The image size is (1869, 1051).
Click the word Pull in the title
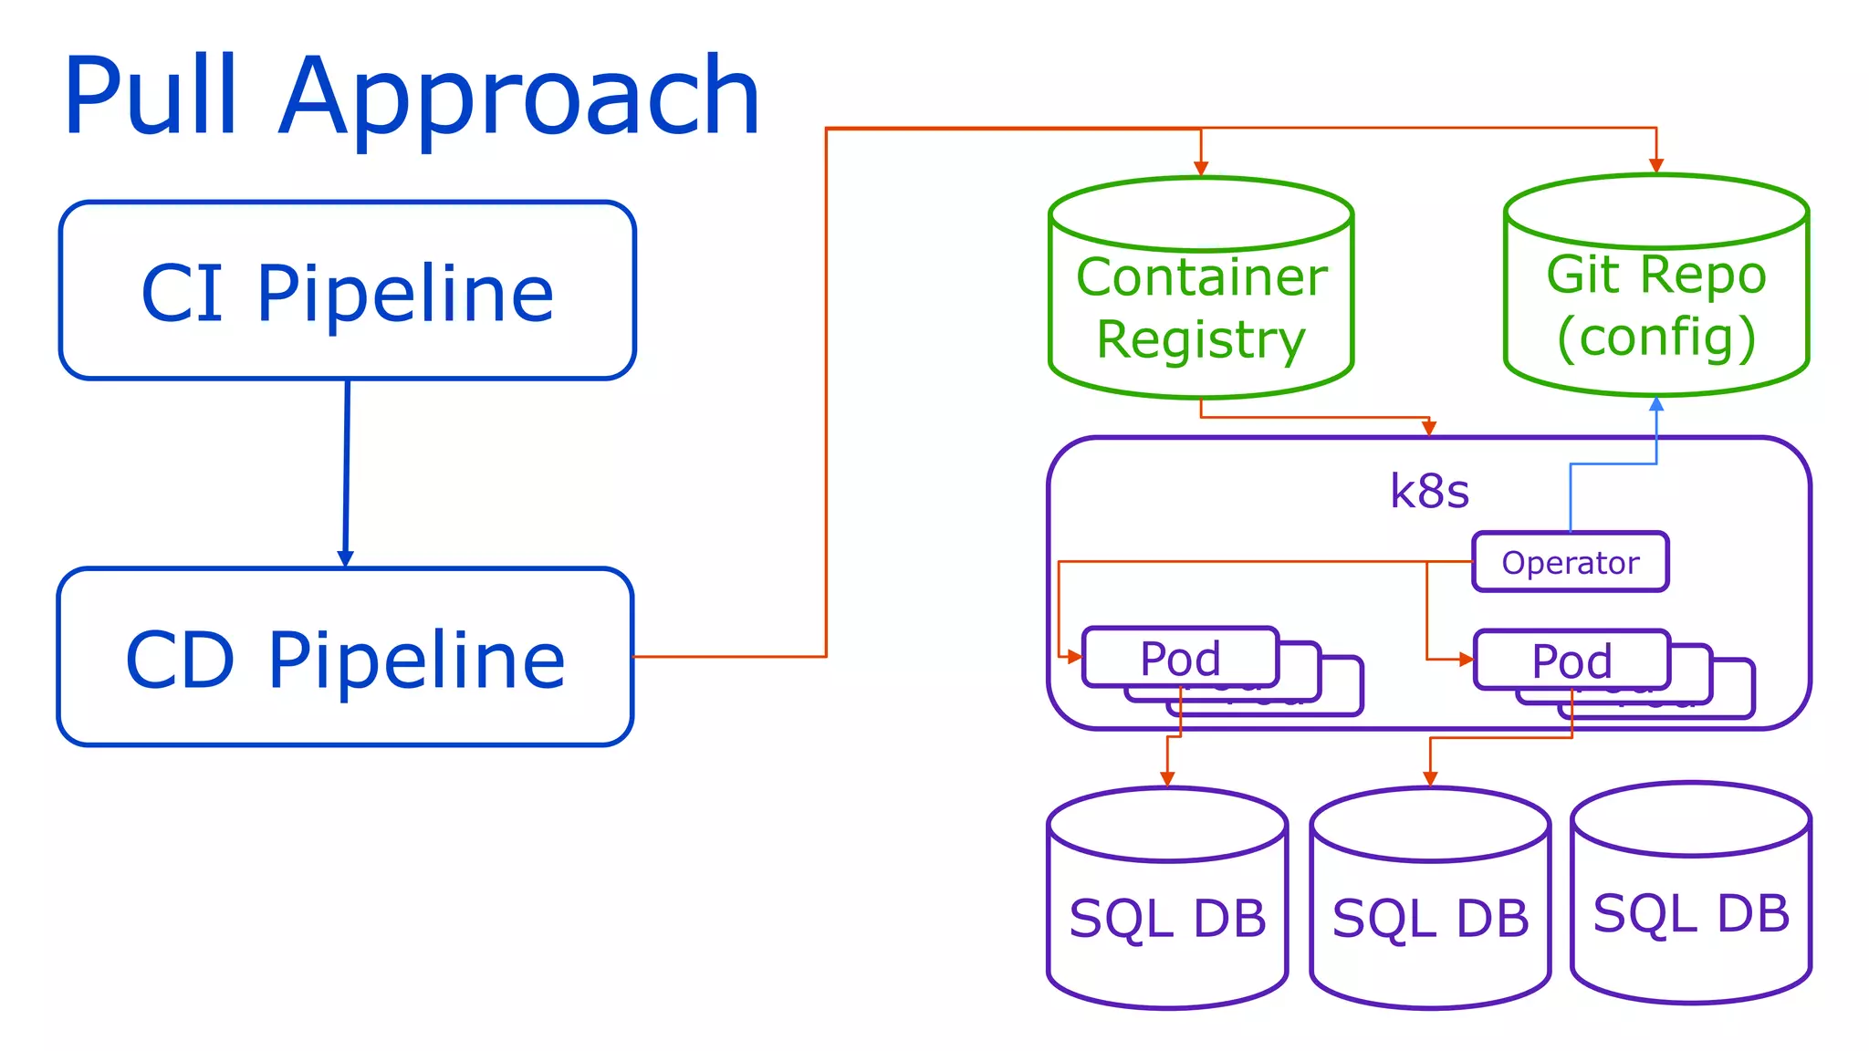coord(151,96)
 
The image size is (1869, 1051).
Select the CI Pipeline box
coord(347,291)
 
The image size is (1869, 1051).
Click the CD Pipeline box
coord(345,658)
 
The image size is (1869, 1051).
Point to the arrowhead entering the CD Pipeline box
coord(345,558)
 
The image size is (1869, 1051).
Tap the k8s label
coord(1428,491)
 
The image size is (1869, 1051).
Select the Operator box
coord(1570,563)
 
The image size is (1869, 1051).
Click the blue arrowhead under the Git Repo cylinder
coord(1656,404)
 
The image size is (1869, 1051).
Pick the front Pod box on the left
coord(1179,658)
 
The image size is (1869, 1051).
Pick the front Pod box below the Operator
coord(1571,660)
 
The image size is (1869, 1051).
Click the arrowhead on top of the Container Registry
coord(1201,168)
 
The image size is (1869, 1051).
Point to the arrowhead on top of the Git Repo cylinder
coord(1656,165)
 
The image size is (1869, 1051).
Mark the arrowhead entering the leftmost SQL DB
coord(1167,778)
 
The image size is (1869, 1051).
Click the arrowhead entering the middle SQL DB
coord(1430,778)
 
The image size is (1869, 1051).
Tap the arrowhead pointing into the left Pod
coord(1074,656)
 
